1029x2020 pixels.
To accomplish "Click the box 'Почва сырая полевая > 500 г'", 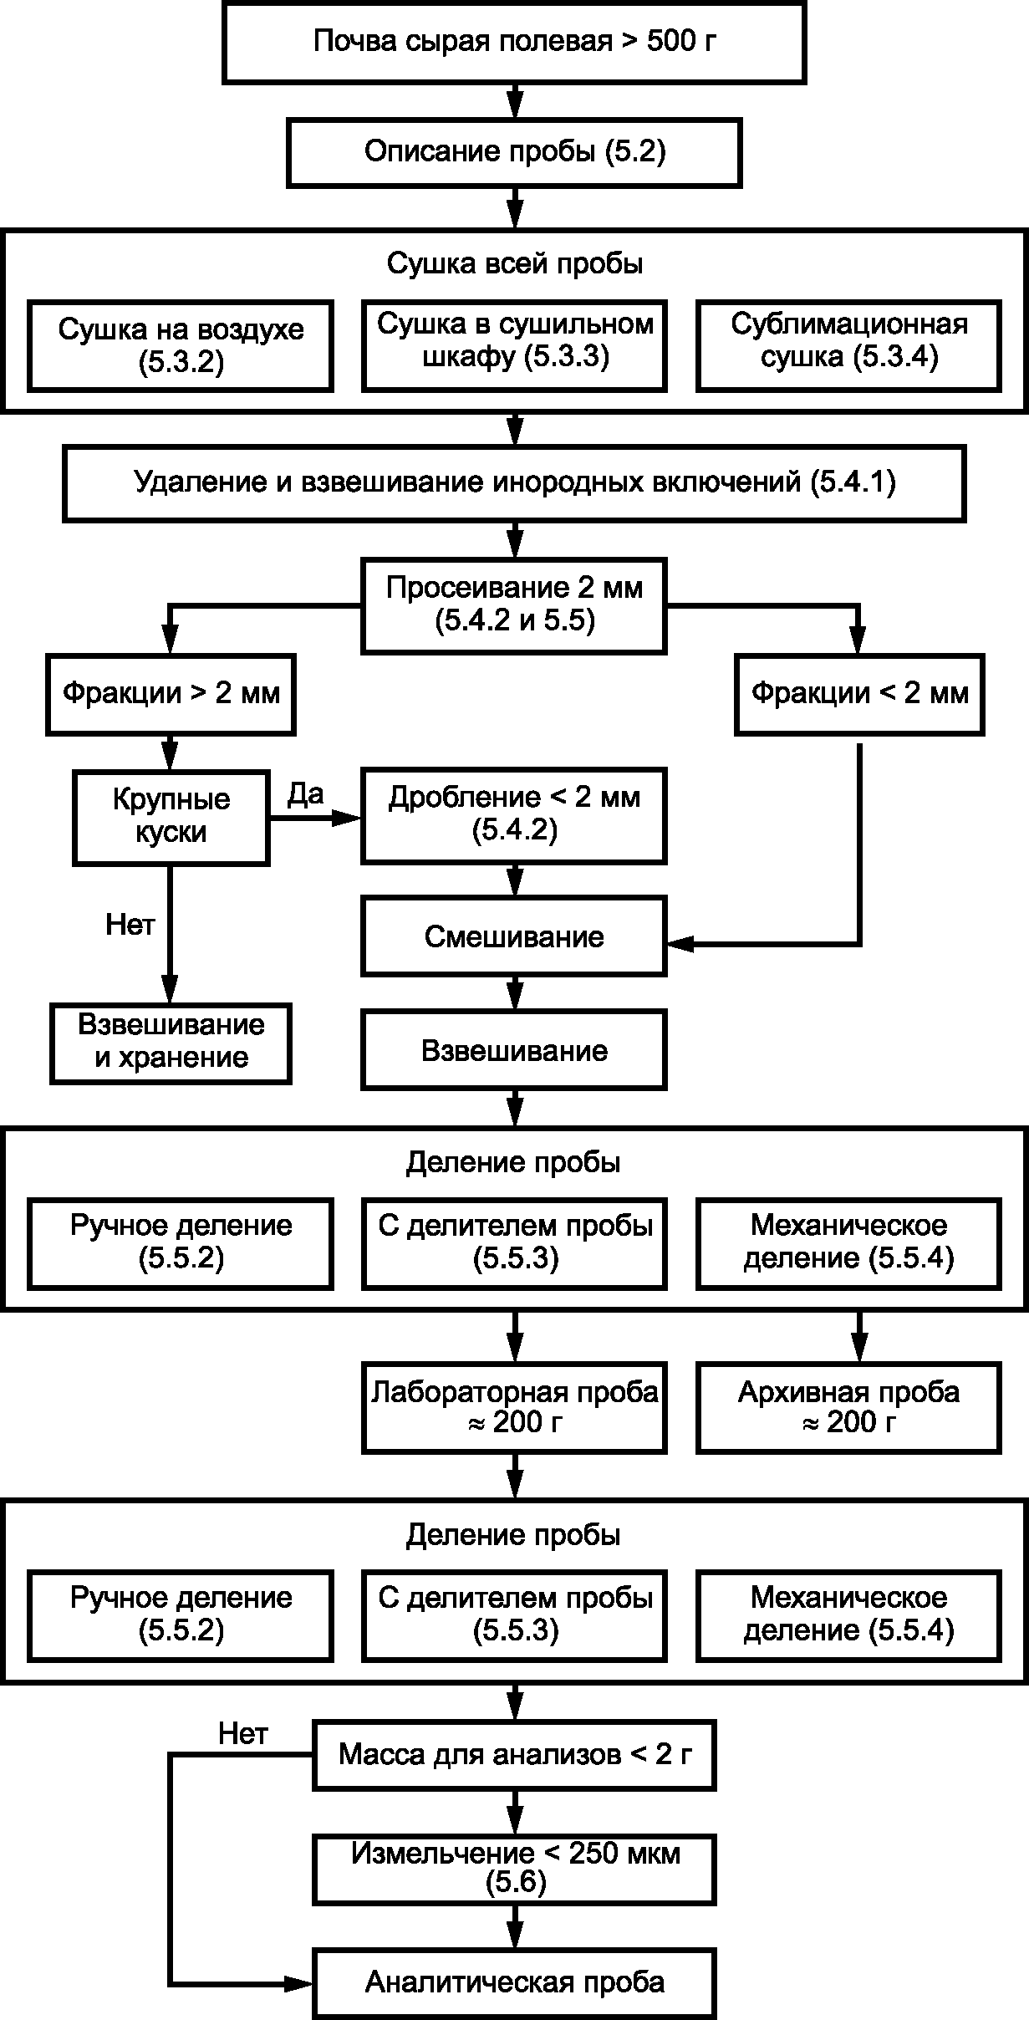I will click(514, 42).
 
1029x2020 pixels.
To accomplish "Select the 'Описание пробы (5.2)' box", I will click(514, 151).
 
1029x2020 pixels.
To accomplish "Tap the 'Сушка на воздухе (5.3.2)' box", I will click(181, 345).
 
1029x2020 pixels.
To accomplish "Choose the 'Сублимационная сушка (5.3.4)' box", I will click(848, 345).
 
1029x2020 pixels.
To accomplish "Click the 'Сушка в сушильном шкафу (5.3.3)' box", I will click(514, 345).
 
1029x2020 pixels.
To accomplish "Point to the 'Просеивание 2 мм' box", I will click(514, 604).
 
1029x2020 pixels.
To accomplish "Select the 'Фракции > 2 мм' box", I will click(171, 694).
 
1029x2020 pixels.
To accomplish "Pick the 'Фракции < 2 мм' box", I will click(859, 694).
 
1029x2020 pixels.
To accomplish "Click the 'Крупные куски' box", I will click(171, 817).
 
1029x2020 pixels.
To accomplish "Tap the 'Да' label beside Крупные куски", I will click(305, 794).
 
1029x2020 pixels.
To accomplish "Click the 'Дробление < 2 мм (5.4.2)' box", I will click(514, 815).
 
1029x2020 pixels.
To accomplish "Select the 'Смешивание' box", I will click(514, 936).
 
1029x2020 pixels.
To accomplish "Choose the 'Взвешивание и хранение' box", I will click(171, 1043).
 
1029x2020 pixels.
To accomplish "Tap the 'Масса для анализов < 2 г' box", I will click(514, 1754).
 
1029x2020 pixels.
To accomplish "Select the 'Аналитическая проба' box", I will click(514, 1982).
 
